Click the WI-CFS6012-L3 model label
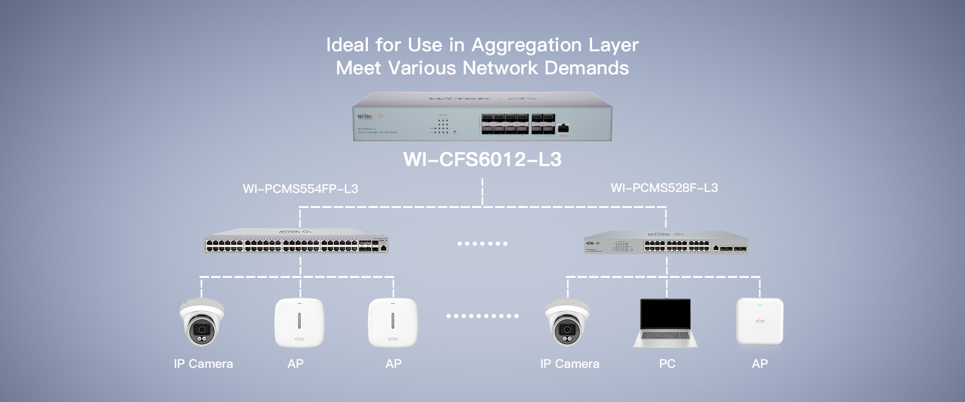(482, 160)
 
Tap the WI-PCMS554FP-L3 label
(300, 189)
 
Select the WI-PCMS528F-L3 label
(664, 188)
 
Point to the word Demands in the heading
(587, 68)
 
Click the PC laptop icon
(665, 323)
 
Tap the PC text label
(667, 364)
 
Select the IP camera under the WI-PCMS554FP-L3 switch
(202, 323)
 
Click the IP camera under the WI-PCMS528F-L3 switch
(567, 323)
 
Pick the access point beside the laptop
(759, 322)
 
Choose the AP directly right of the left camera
(299, 323)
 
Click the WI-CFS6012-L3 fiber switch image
(482, 117)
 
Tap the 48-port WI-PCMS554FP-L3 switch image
(297, 241)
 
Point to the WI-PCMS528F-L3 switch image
(665, 242)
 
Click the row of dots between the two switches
(482, 244)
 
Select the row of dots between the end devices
(482, 316)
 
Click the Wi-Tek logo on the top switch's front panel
(365, 117)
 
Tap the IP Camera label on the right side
(569, 364)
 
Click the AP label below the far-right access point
(759, 364)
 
